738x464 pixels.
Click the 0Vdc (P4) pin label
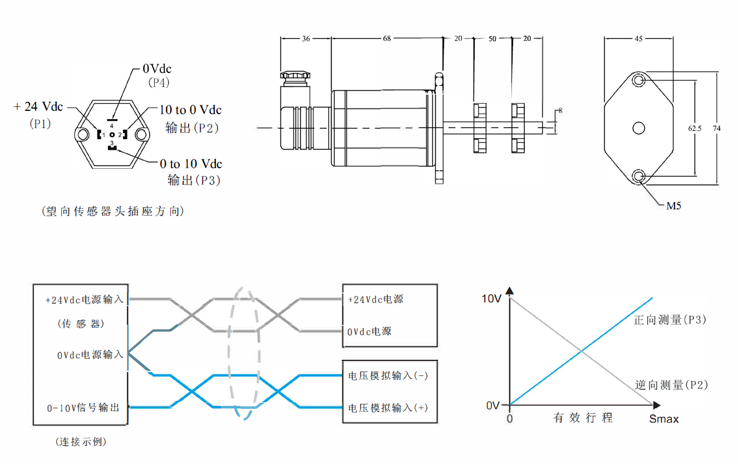point(157,69)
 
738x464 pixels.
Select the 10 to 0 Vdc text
point(190,110)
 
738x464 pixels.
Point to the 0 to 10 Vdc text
point(191,164)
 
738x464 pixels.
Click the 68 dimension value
point(387,38)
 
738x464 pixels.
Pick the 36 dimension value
point(306,38)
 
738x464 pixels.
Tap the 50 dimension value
point(493,38)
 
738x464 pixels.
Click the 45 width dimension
point(638,38)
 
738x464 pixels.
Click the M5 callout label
point(673,206)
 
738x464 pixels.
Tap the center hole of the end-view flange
point(639,128)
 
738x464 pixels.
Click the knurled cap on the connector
point(294,75)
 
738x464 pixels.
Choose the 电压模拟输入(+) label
point(388,408)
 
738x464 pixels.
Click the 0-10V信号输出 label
point(83,408)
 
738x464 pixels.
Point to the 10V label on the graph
point(491,299)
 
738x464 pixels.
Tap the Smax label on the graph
point(664,419)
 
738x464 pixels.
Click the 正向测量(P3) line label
point(670,320)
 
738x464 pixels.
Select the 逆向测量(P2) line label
point(672,385)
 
